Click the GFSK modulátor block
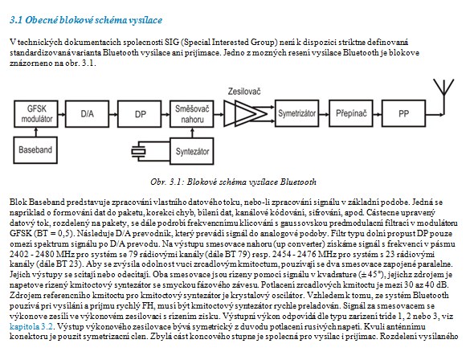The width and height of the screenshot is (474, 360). (36, 113)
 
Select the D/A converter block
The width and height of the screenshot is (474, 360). (87, 113)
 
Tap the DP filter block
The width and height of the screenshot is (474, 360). (139, 113)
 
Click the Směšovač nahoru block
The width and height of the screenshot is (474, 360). (192, 113)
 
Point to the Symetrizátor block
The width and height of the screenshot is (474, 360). (296, 113)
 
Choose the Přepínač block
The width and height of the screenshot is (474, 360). (350, 113)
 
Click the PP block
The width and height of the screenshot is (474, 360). (403, 113)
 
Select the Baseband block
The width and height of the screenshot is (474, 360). (35, 150)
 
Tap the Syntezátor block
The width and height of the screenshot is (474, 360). (192, 151)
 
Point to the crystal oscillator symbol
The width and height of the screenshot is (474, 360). (138, 151)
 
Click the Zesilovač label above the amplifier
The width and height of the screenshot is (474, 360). (244, 92)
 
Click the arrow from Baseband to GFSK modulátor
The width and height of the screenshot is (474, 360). (36, 132)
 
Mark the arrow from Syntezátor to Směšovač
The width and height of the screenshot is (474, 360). (192, 133)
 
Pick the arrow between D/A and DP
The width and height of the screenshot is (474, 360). (113, 114)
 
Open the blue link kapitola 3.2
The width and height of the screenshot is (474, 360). (31, 326)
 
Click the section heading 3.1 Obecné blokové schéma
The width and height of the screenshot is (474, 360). (86, 20)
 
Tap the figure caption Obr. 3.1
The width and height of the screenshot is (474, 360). (233, 182)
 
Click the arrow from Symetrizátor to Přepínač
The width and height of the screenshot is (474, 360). (324, 114)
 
